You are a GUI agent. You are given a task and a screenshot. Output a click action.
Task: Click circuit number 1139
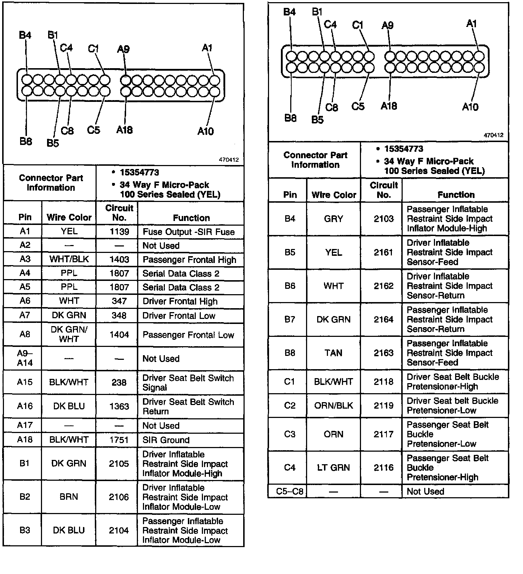pos(119,232)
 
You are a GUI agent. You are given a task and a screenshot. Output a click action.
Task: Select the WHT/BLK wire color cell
pos(69,259)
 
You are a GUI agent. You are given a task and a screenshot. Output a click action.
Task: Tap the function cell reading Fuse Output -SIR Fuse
pos(189,232)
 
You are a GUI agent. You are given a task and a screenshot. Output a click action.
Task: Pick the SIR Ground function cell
pos(166,440)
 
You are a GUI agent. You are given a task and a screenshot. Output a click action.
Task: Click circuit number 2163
pos(383,353)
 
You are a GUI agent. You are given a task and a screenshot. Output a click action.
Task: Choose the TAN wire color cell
pos(333,353)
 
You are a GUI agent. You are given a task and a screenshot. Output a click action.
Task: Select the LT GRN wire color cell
pos(333,468)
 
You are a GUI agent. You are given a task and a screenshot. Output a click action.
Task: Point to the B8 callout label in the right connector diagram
pos(290,118)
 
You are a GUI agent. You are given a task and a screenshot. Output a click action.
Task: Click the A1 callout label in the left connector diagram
pos(207,48)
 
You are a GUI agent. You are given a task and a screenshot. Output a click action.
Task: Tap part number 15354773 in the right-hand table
pos(403,149)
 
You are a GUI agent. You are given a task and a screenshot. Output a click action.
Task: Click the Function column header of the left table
pos(191,218)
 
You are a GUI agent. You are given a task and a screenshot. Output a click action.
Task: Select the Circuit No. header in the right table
pos(383,190)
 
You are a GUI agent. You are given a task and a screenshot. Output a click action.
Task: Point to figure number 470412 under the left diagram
pos(229,160)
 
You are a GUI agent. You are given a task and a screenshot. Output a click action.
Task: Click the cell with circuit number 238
pos(119,382)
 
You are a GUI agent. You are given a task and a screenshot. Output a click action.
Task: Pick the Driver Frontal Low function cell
pos(179,316)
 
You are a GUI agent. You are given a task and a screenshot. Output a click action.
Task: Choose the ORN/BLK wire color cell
pos(333,406)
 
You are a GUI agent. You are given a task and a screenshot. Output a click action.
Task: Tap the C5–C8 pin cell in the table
pos(290,491)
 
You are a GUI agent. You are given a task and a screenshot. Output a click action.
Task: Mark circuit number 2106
pos(119,497)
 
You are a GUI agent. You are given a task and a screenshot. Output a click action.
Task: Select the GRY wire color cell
pos(333,219)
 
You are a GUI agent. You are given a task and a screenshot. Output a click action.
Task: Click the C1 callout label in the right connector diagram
pos(358,25)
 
